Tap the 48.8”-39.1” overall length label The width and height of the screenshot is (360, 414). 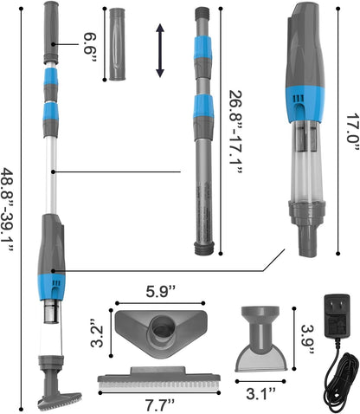(x=8, y=210)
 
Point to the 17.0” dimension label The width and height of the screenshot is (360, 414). (x=352, y=132)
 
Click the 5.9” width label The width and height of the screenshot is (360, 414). (x=161, y=292)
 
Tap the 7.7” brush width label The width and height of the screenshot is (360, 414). (x=160, y=405)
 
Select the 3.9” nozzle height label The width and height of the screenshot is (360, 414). (x=307, y=340)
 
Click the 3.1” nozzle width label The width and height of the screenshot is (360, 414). (x=261, y=393)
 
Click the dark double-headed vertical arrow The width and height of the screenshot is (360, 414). (x=160, y=51)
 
